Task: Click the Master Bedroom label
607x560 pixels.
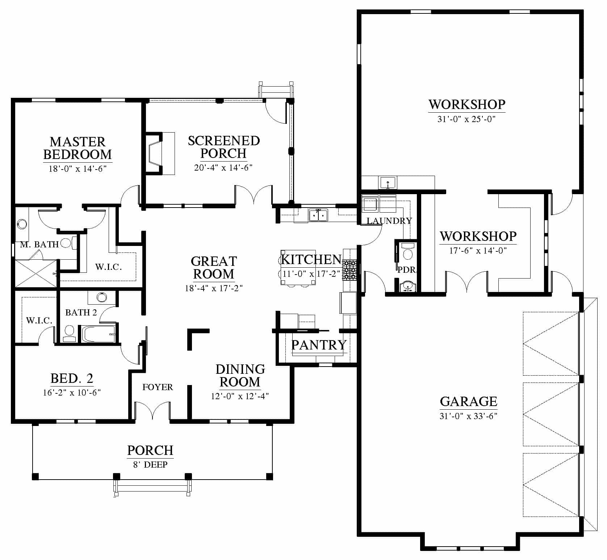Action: (78, 148)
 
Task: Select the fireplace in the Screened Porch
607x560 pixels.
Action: (159, 154)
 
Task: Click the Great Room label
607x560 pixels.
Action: (214, 268)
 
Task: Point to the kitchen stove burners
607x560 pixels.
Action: (350, 270)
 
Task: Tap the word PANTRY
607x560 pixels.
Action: (319, 345)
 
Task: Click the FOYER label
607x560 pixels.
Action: (158, 387)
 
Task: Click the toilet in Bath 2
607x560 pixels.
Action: (69, 333)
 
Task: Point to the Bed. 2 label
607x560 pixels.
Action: (72, 379)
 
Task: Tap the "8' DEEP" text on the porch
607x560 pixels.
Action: (150, 464)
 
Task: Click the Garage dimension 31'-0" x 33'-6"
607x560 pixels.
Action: (468, 416)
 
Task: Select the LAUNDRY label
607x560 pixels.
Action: (389, 221)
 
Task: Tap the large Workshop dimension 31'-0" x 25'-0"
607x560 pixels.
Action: (466, 119)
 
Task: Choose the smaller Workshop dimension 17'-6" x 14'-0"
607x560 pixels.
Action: (478, 250)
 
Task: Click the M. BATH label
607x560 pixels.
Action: (39, 245)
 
